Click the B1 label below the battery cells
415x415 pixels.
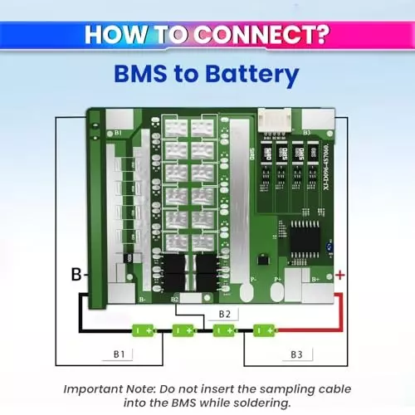coord(119,354)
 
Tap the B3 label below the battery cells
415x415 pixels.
coord(295,354)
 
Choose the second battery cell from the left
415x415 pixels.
coord(184,330)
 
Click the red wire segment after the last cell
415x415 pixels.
coord(307,330)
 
